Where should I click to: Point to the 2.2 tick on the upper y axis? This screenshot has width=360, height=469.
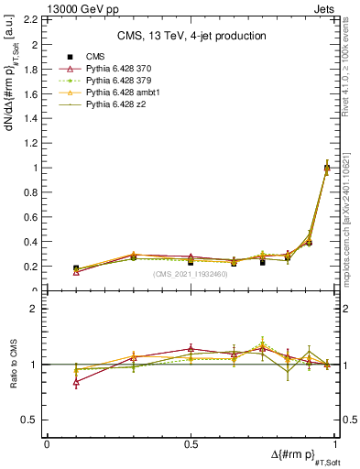34,19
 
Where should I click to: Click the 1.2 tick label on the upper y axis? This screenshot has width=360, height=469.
34,143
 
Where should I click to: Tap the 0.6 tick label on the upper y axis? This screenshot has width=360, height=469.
34,217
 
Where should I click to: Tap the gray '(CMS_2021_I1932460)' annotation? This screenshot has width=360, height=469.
191,274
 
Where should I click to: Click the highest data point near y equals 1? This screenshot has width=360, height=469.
327,168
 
